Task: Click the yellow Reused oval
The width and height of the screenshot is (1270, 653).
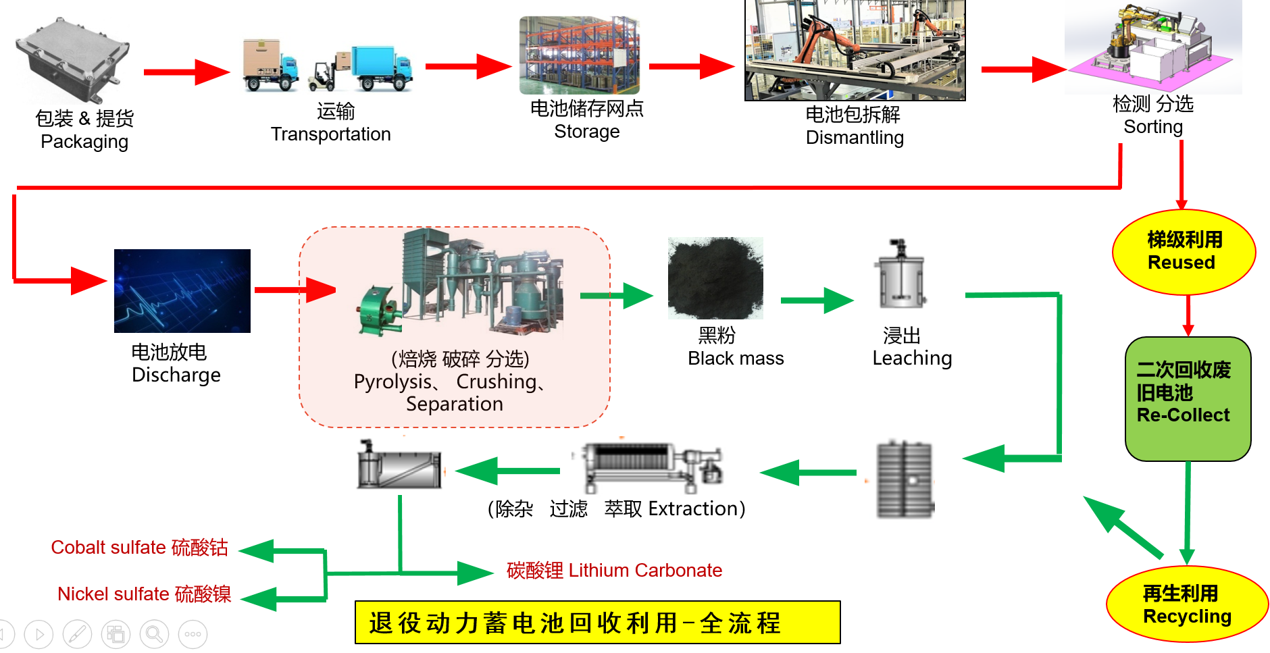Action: point(1184,252)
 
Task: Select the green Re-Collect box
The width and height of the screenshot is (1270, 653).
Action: point(1188,398)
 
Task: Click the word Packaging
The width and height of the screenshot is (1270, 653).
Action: point(84,142)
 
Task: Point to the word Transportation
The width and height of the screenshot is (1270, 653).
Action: point(330,134)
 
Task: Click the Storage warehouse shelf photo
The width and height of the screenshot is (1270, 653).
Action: point(579,55)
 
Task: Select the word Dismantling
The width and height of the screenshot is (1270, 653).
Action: point(855,138)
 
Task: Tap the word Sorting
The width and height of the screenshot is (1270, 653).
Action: point(1152,127)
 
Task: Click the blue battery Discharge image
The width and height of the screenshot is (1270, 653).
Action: point(182,290)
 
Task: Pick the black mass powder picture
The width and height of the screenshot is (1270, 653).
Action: point(715,278)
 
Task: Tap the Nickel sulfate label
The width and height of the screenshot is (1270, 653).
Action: point(113,594)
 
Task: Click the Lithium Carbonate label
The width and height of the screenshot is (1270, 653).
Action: point(644,571)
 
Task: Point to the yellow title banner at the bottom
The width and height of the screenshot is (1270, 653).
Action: point(597,622)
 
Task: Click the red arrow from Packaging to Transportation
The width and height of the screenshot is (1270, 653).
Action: point(186,72)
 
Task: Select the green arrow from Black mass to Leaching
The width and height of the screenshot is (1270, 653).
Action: point(816,301)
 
